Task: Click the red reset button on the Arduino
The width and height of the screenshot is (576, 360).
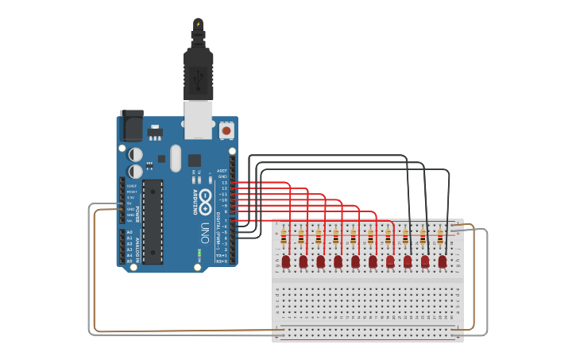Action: click(x=226, y=129)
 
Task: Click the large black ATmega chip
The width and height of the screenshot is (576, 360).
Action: click(x=153, y=221)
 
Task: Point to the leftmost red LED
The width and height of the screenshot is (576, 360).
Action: click(x=286, y=261)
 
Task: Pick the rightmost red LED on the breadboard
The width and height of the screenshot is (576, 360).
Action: click(x=443, y=261)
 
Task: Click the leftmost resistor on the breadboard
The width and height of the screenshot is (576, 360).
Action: click(x=284, y=236)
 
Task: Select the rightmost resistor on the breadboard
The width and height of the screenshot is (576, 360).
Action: click(x=440, y=235)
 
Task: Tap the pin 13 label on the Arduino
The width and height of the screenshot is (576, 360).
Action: click(x=224, y=183)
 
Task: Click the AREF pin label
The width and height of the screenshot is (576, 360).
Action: click(x=222, y=171)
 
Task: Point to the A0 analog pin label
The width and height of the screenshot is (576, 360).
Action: click(x=130, y=232)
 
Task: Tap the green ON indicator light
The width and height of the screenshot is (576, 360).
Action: click(x=199, y=254)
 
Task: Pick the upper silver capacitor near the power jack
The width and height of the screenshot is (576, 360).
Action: click(x=137, y=153)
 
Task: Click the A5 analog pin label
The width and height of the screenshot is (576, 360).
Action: click(x=130, y=260)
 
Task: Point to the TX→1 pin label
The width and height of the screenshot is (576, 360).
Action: click(x=223, y=254)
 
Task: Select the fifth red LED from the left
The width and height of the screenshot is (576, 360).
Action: click(x=355, y=261)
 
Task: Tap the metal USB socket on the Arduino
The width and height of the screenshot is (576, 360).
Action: click(x=198, y=118)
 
